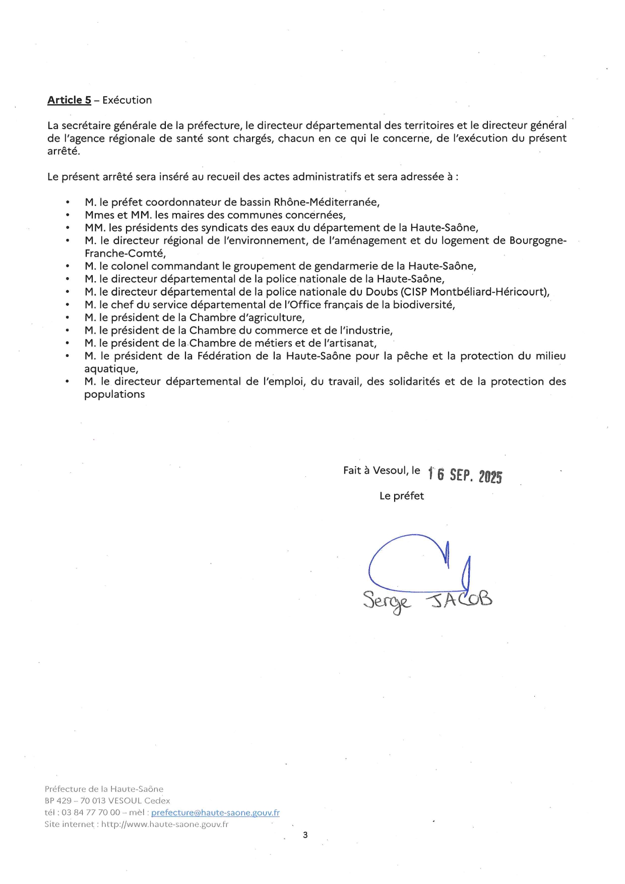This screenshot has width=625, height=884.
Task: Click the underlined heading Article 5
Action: coord(69,100)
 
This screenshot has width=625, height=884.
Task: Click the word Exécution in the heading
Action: coord(127,100)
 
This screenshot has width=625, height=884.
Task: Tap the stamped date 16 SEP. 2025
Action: coord(465,475)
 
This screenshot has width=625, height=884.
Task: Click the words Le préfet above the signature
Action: coord(402,496)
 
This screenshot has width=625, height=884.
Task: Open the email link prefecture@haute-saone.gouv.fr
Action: coord(215,812)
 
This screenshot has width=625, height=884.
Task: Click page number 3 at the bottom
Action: coord(305,835)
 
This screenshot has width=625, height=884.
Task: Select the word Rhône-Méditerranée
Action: coord(326,202)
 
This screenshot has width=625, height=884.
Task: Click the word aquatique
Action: coord(111,369)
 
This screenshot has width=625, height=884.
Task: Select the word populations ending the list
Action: coord(114,395)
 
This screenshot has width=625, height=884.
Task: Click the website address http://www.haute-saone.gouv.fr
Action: coord(165,825)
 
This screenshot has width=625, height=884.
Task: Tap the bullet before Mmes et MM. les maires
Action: coord(68,215)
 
